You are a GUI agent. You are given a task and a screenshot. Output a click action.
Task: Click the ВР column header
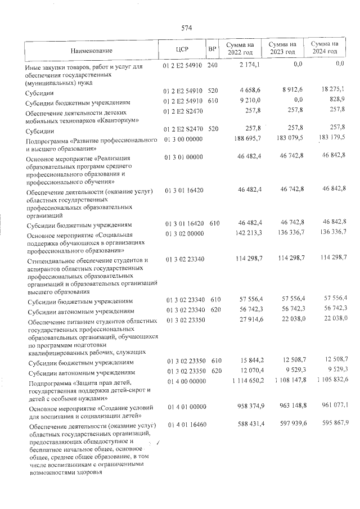pos(212,49)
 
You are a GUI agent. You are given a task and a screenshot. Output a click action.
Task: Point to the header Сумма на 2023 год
pos(282,48)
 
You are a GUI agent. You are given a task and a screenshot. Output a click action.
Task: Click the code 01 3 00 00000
pos(183,138)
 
